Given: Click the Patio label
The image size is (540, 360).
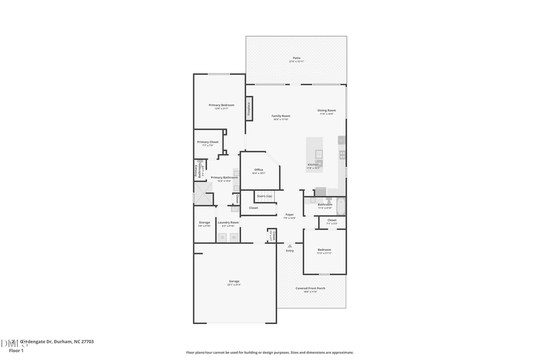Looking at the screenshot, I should click(x=296, y=58).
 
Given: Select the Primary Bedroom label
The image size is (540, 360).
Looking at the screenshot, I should click(x=221, y=106).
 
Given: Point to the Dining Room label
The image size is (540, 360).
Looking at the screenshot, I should click(x=326, y=110).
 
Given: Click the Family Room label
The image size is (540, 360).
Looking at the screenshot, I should click(x=281, y=116).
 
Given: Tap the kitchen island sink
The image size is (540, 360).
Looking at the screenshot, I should click(x=319, y=154).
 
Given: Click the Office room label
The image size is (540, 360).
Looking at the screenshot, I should click(x=259, y=170).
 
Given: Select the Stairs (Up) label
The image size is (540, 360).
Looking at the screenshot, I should click(x=265, y=196).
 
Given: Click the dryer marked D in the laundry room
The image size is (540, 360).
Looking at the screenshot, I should click(x=222, y=238).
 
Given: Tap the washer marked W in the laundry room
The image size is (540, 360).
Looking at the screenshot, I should click(x=233, y=238).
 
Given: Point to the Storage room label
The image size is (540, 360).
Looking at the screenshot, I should click(x=205, y=223).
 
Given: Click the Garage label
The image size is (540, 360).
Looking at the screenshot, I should click(x=234, y=281).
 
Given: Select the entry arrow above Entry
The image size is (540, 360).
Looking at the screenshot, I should click(x=290, y=245).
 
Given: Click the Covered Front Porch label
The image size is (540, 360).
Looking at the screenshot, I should click(x=310, y=289).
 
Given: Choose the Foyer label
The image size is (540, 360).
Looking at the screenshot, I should click(x=290, y=215).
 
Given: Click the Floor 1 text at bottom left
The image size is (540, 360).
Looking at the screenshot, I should click(x=16, y=350).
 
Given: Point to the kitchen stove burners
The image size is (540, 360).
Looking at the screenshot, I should click(x=342, y=155).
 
